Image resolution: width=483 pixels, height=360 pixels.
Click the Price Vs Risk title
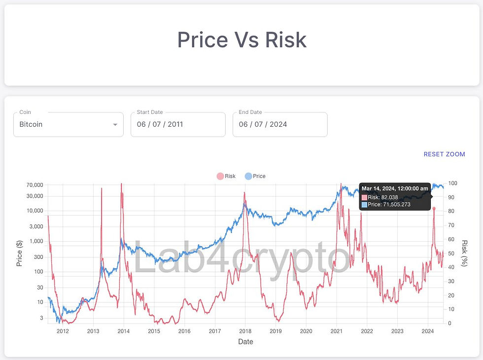[x=241, y=40]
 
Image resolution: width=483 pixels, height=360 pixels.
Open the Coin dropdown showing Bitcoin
[x=68, y=124]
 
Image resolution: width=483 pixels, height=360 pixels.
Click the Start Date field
[x=177, y=124]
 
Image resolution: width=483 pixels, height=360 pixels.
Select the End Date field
[x=279, y=124]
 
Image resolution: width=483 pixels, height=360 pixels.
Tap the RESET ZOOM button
[x=444, y=154]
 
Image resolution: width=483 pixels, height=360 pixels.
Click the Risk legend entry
[x=226, y=176]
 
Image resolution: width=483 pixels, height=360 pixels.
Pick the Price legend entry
[x=255, y=176]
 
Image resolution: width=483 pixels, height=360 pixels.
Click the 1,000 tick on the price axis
[x=36, y=242]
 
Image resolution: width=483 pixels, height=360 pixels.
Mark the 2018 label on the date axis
[x=245, y=331]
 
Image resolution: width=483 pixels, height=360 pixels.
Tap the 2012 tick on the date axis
[x=63, y=331]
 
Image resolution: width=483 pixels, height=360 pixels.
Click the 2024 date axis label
[x=427, y=331]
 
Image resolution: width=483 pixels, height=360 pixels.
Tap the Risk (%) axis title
[x=464, y=253]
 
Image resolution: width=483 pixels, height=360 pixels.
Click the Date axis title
[x=245, y=342]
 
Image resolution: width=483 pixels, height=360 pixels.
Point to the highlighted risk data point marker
[x=434, y=209]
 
